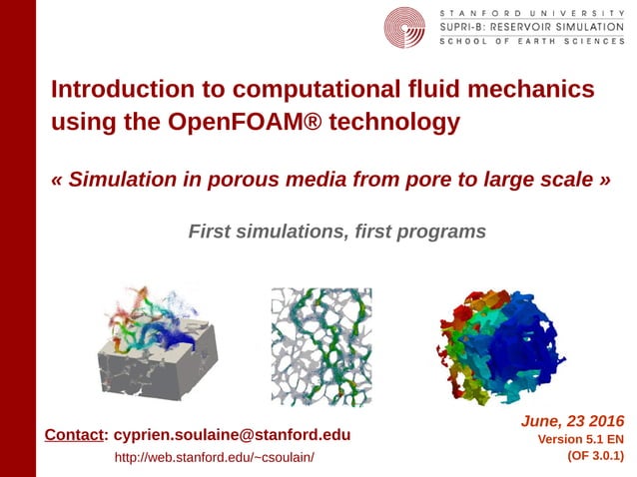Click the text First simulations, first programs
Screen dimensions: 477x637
336,232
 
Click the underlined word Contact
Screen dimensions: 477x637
75,435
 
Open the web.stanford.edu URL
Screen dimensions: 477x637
214,457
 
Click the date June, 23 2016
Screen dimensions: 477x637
572,420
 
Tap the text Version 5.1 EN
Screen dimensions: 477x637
581,439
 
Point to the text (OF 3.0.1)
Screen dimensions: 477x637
595,456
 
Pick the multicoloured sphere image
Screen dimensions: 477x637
499,340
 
